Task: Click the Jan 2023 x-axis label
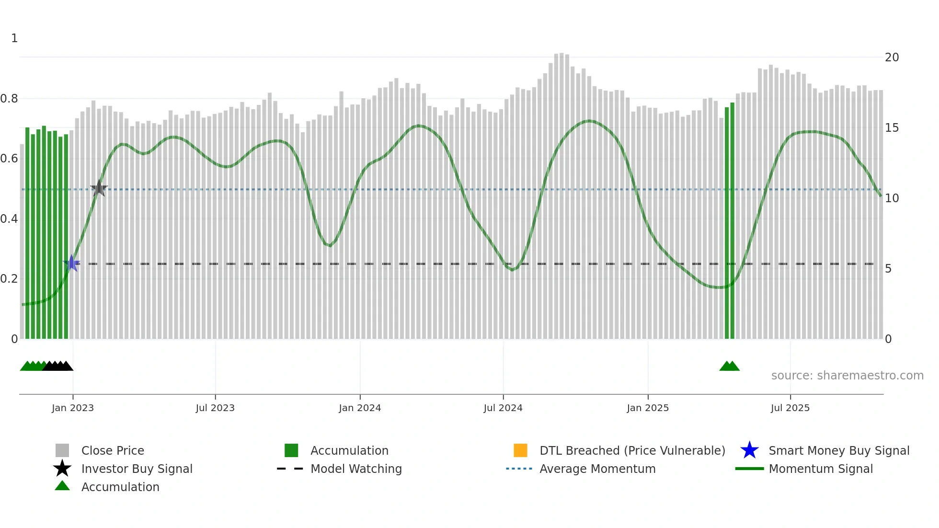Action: point(73,408)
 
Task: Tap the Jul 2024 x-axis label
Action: point(503,408)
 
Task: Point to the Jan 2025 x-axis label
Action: point(648,408)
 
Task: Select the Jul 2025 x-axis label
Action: point(790,408)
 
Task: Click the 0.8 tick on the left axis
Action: point(10,99)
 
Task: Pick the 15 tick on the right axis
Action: point(892,128)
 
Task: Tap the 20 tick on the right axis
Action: point(892,57)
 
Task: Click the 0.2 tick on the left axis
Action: point(10,279)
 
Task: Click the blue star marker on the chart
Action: point(72,263)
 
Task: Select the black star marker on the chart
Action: point(99,188)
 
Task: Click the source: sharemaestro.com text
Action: point(847,376)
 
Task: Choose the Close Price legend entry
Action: point(113,451)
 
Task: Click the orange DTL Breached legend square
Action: point(520,450)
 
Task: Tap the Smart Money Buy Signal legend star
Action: point(749,450)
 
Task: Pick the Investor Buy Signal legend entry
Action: point(137,469)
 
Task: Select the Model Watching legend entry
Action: point(355,469)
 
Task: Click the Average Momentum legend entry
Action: point(597,469)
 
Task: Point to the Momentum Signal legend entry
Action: point(820,469)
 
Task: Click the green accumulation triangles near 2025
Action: point(729,367)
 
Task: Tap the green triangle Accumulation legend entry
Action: point(62,486)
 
